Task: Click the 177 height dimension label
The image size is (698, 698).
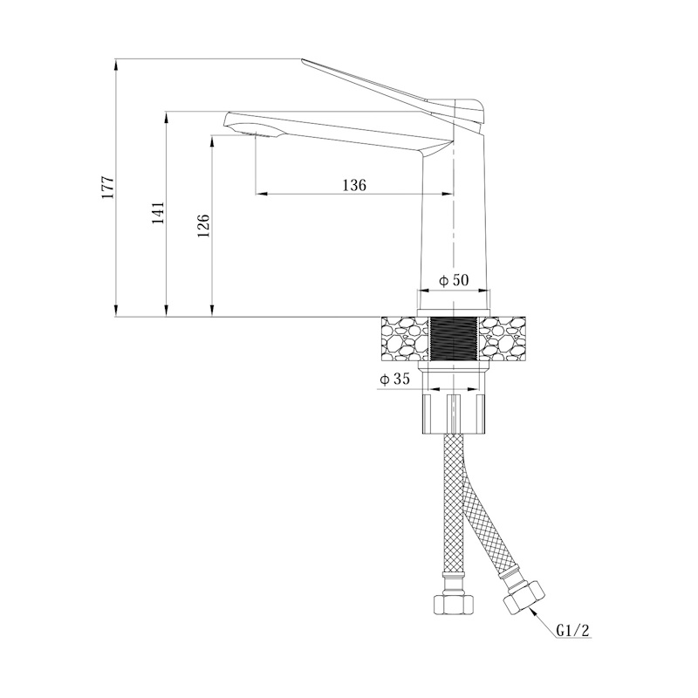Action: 108,188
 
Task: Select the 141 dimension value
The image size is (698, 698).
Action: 159,213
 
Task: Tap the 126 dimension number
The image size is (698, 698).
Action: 203,225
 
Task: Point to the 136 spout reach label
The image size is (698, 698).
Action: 354,185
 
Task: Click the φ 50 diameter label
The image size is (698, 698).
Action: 454,280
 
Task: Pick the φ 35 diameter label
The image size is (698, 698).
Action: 394,380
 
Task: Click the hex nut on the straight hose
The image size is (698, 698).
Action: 453,604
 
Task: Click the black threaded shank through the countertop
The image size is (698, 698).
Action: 453,339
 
